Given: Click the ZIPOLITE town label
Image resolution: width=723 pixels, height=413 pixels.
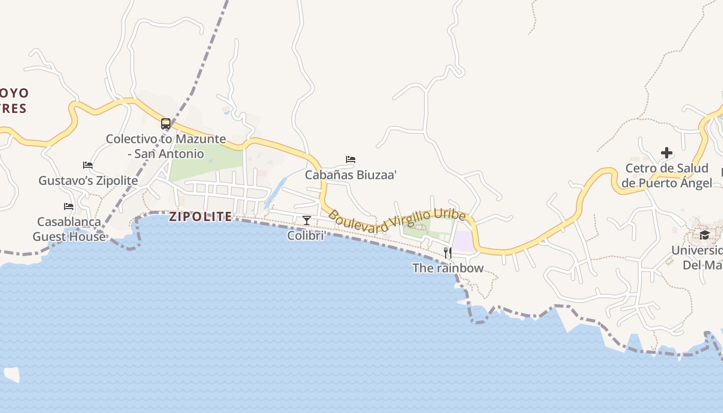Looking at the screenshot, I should click(x=201, y=216).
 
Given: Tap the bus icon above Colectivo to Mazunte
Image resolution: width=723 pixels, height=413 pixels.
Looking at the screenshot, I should click(x=166, y=124).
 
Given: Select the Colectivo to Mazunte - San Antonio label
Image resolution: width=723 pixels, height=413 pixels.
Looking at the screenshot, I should click(x=166, y=146).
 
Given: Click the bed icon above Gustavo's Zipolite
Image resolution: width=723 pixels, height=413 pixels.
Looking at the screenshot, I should click(x=88, y=165).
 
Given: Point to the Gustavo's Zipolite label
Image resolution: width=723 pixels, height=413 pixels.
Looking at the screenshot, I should click(x=88, y=181).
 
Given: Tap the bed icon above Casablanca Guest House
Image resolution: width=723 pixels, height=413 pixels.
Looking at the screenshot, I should click(x=69, y=206).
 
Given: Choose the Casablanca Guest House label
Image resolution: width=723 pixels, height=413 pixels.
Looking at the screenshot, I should click(x=69, y=229).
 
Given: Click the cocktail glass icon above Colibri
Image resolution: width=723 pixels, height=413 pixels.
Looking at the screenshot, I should click(x=307, y=220).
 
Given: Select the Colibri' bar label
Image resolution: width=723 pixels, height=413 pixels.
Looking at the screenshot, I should click(x=307, y=236).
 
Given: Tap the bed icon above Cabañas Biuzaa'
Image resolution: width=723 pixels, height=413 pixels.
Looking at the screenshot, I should click(x=351, y=160).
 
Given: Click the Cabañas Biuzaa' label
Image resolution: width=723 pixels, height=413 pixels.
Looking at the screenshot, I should click(x=351, y=175).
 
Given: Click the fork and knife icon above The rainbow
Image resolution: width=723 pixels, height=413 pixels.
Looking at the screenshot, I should click(x=448, y=252).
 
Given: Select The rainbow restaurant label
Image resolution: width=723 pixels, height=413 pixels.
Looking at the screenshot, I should click(x=448, y=268).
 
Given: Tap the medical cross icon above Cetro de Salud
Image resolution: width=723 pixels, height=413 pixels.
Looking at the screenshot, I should click(x=667, y=153).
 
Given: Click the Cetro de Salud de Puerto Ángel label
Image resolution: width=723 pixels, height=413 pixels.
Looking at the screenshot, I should click(x=667, y=176).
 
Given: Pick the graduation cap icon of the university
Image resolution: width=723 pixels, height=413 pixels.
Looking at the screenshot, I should click(x=704, y=235).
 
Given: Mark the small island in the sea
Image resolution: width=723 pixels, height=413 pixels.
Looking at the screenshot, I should click(x=11, y=374).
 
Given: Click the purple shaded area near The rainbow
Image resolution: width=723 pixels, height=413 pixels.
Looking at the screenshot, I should click(x=463, y=242).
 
